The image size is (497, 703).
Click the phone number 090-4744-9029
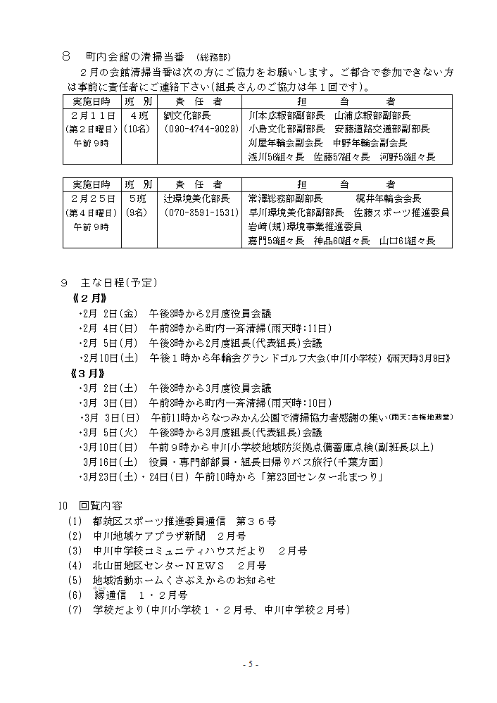(201, 129)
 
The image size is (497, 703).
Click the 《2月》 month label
(88, 298)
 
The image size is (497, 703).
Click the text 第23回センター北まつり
(325, 477)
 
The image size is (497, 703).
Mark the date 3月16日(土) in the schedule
(111, 462)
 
